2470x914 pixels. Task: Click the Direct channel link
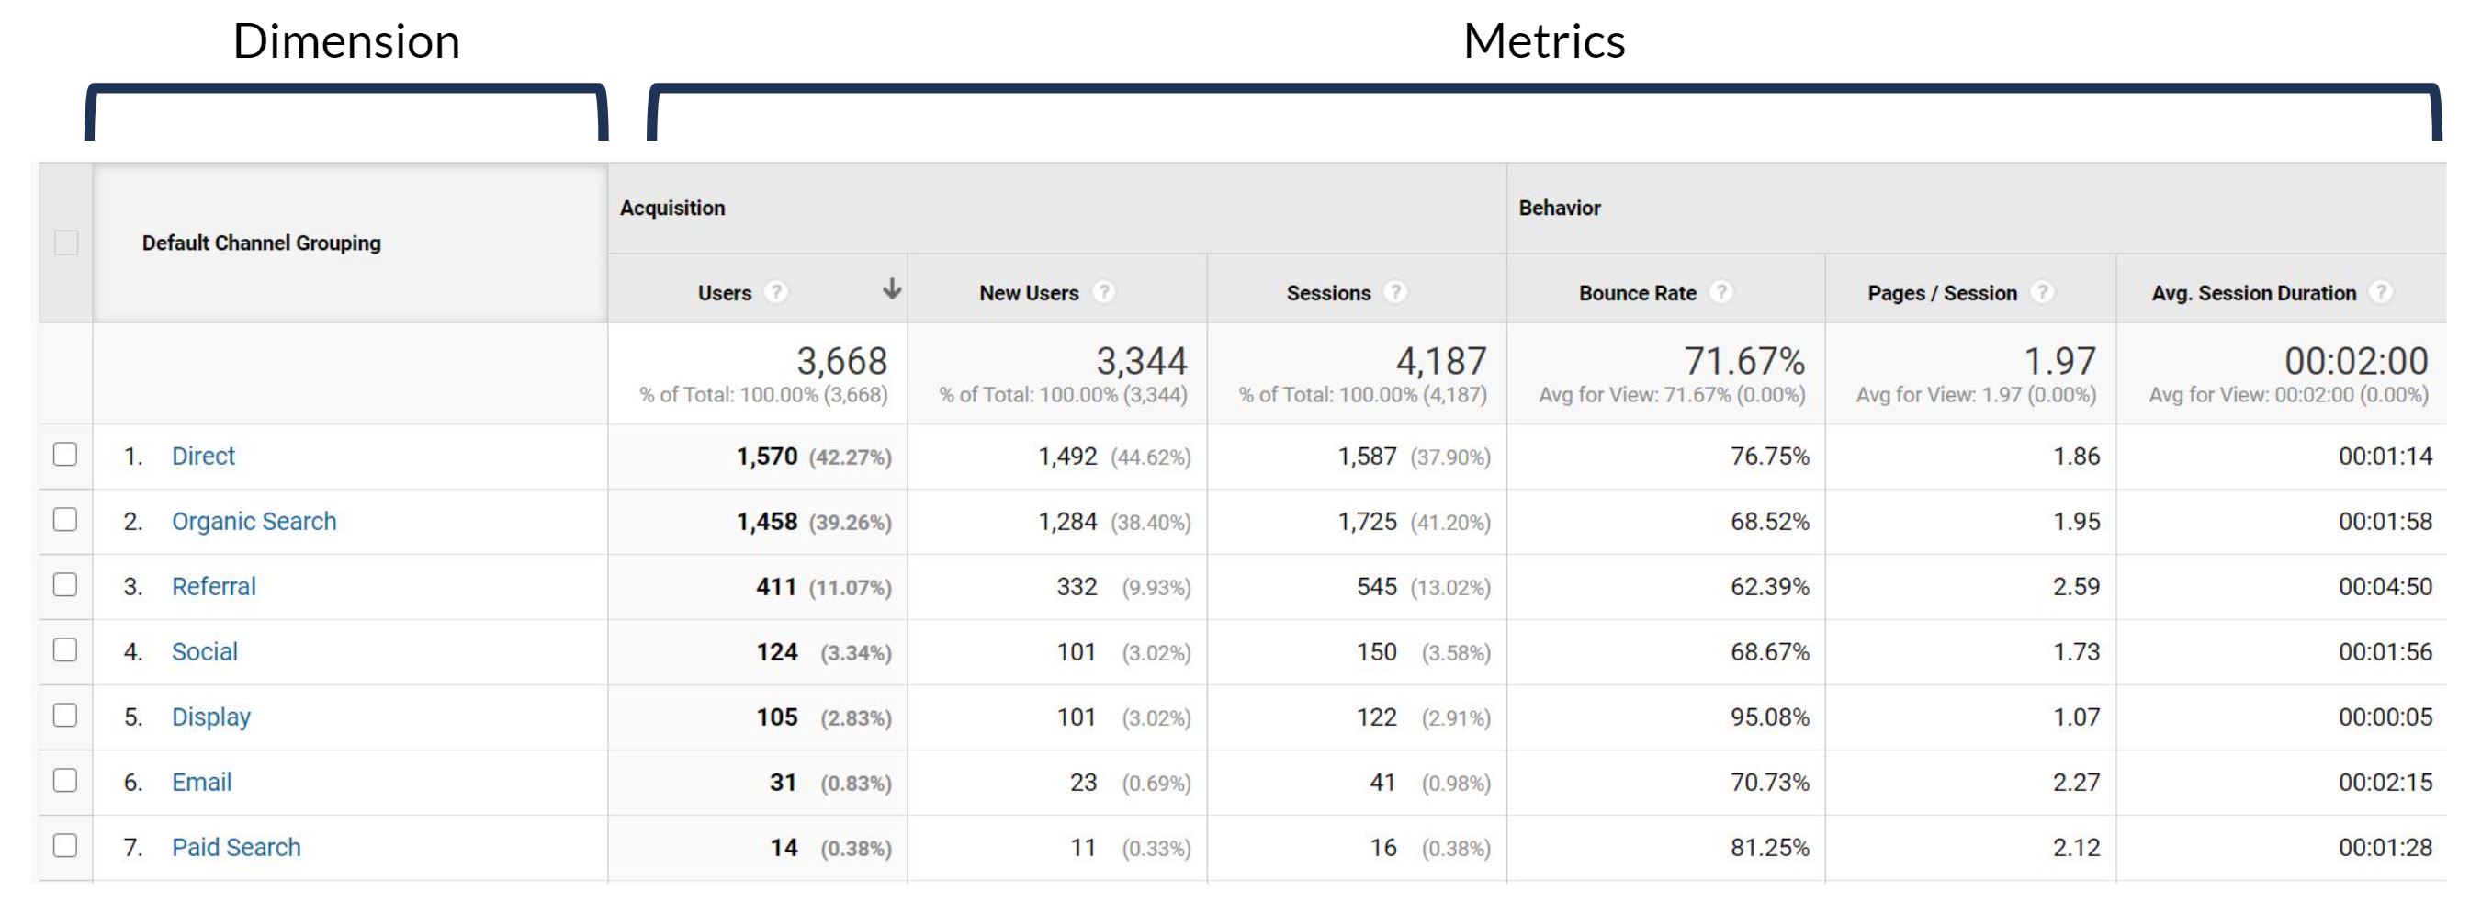click(x=202, y=456)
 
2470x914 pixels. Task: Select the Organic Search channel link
click(x=254, y=521)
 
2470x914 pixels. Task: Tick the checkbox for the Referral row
click(x=65, y=585)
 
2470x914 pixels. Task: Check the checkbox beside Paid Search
click(x=65, y=846)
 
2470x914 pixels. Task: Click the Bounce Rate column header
click(x=1637, y=292)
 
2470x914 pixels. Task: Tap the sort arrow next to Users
click(x=892, y=288)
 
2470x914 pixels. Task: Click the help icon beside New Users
click(x=1105, y=291)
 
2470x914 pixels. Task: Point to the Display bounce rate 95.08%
click(x=1769, y=717)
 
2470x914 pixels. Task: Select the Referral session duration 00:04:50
click(x=2385, y=586)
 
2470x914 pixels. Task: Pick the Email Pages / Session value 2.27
click(x=2076, y=782)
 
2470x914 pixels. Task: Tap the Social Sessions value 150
click(x=1376, y=651)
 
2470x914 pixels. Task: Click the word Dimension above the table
click(x=346, y=41)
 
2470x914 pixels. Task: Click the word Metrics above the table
click(x=1544, y=41)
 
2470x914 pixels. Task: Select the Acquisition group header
click(x=672, y=208)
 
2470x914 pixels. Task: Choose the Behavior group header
click(x=1559, y=208)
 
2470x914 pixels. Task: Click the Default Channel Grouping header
click(x=261, y=243)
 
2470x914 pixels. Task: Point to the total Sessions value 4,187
click(x=1440, y=362)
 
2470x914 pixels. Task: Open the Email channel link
click(x=201, y=782)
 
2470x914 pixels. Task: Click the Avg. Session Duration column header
click(x=2252, y=292)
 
